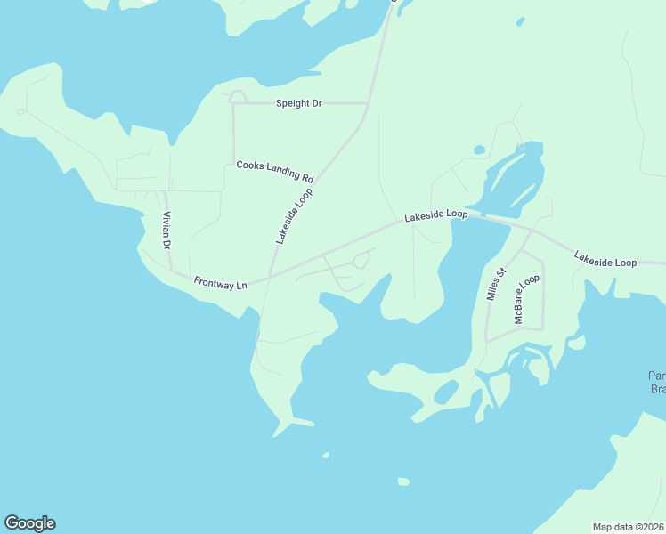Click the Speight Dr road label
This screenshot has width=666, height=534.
(298, 104)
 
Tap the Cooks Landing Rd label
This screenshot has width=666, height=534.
(275, 171)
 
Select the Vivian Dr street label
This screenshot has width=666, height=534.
(166, 231)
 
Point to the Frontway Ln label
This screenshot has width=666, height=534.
(220, 285)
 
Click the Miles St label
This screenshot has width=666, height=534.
(496, 284)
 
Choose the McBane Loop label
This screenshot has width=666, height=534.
(527, 298)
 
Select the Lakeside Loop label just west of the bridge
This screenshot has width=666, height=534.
(435, 215)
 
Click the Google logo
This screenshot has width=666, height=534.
(29, 523)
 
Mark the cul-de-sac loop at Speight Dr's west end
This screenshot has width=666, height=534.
(238, 96)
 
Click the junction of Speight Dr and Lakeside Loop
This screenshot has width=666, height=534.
(368, 103)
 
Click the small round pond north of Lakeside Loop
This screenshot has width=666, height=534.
(479, 150)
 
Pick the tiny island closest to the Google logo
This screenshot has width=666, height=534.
(326, 455)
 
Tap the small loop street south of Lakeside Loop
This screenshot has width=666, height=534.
(361, 260)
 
